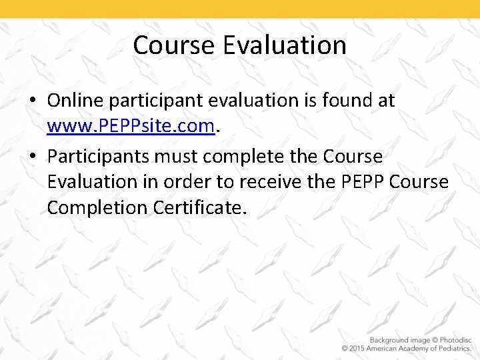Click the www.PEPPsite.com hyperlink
point(131,125)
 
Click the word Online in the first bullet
point(75,101)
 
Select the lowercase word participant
point(155,101)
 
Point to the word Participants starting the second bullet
point(98,157)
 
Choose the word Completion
point(97,207)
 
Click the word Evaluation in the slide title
point(285,45)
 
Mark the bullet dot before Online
point(33,101)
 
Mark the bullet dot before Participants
point(33,157)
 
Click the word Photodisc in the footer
point(453,340)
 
